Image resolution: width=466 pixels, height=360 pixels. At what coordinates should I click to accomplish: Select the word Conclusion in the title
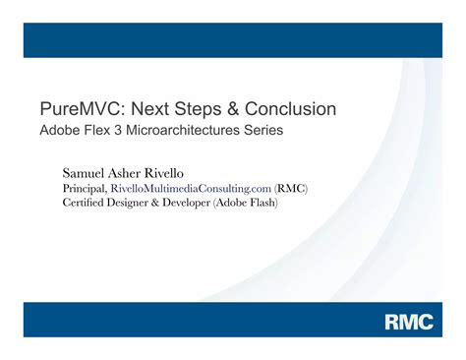click(x=288, y=108)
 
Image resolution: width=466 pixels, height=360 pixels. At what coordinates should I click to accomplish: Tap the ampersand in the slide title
click(x=228, y=108)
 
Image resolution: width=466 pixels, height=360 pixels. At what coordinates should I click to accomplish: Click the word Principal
click(x=85, y=188)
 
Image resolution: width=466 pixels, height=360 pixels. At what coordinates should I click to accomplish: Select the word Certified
click(x=86, y=203)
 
